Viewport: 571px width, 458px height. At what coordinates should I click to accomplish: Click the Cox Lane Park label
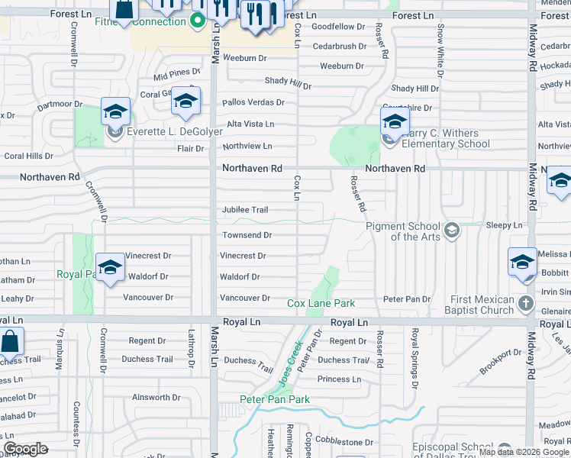tap(321, 303)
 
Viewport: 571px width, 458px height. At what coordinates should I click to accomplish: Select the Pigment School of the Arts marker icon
tap(452, 230)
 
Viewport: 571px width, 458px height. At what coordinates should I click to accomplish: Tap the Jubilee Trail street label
tap(245, 210)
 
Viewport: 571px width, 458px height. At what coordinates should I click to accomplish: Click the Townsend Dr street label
tap(246, 236)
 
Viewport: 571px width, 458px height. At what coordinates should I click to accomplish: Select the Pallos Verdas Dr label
tap(253, 102)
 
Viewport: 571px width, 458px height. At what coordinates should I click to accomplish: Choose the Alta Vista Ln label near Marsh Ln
tap(250, 124)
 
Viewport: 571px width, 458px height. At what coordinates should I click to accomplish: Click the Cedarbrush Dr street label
tap(334, 47)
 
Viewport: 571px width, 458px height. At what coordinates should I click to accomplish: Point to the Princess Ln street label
tap(339, 379)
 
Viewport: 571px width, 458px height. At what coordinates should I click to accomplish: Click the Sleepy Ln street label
tap(504, 226)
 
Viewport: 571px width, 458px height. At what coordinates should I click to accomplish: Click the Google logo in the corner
tap(25, 449)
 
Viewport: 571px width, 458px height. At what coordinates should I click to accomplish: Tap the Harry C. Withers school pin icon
tap(395, 121)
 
